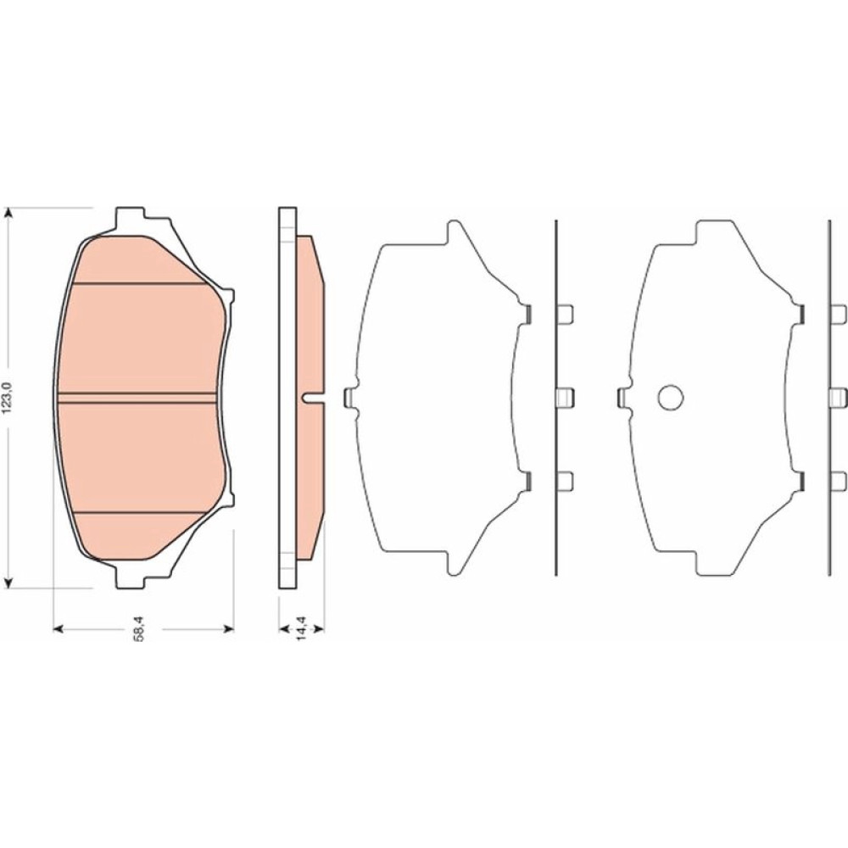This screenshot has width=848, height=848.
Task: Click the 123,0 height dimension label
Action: click(8, 398)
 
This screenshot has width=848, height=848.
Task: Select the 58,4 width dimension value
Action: click(140, 629)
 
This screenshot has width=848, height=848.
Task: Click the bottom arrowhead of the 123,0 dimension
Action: click(8, 582)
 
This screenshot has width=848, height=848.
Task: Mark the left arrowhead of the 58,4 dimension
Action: click(59, 628)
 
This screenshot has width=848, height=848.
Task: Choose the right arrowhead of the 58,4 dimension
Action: click(228, 628)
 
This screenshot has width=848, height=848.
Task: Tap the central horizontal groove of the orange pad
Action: click(137, 398)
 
